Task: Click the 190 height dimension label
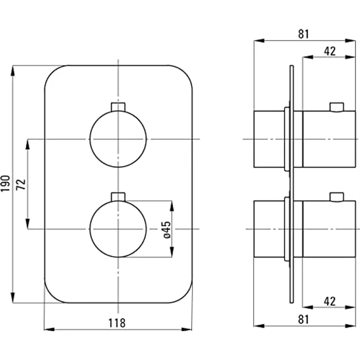point(5,183)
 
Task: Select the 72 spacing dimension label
point(20,184)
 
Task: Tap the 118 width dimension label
point(117,322)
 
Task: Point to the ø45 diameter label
point(166,229)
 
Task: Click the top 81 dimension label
point(303,34)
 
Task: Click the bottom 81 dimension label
point(303,319)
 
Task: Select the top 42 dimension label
point(330,51)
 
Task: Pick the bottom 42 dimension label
point(330,302)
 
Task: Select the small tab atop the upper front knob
point(118,107)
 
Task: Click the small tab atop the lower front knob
point(118,196)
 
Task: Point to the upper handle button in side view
point(337,107)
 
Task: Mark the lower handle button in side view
point(337,197)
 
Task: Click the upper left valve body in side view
point(269,139)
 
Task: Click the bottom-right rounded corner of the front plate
point(183,294)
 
